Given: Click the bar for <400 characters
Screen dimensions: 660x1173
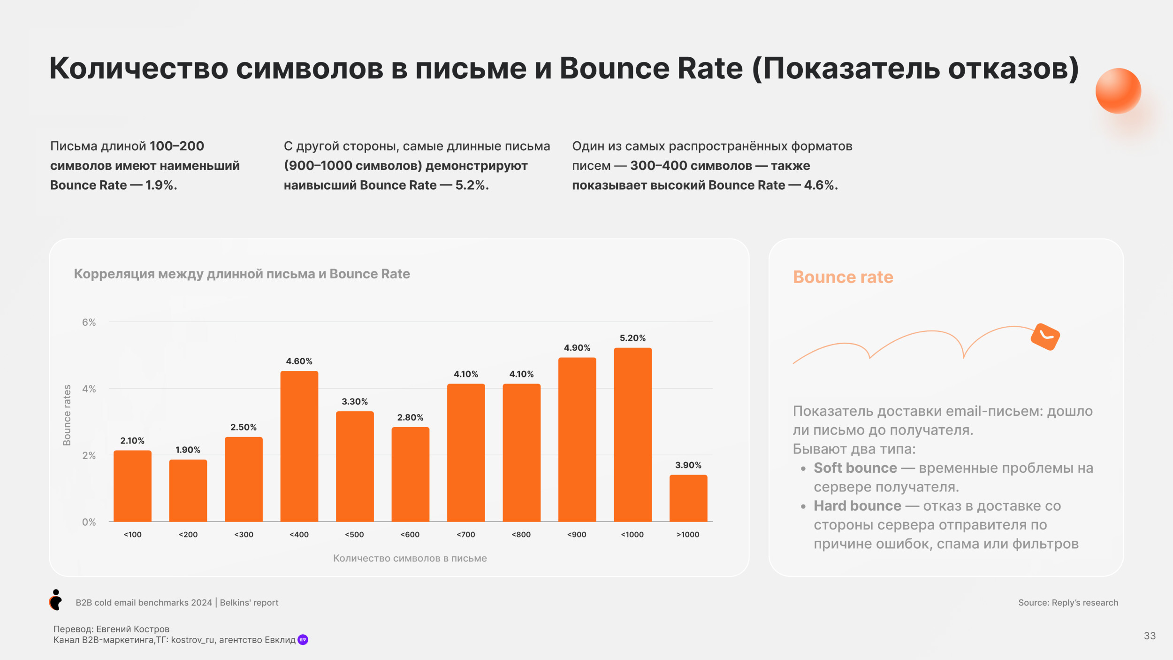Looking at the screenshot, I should point(299,446).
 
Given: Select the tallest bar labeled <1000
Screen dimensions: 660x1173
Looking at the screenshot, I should point(632,434).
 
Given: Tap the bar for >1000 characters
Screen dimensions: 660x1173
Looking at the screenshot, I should point(688,498).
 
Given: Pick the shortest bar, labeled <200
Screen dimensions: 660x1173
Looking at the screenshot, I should point(188,491).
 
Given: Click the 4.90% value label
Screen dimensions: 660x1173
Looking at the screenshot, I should point(577,348).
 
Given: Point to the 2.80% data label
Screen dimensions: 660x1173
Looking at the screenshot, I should point(410,417).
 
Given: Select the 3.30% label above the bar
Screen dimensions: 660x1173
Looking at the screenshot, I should point(354,401).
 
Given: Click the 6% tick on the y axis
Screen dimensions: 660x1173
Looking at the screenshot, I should point(89,322).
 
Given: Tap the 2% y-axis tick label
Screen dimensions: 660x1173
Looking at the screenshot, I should point(89,455).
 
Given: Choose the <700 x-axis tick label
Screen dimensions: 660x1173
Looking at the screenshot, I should point(465,535).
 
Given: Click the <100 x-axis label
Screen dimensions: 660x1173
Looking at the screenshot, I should point(132,535).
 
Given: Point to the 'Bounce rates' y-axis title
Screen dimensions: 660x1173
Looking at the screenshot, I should point(67,415).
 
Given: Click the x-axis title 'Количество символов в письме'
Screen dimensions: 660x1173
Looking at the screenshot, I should point(410,558).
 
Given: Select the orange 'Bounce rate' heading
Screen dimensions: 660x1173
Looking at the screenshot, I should point(843,277).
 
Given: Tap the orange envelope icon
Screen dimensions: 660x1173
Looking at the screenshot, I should point(1045,337).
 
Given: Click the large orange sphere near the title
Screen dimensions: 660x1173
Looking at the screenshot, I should point(1118,91).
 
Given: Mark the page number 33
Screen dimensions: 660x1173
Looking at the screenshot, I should point(1150,636).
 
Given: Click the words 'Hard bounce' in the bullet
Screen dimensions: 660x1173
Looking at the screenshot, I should point(857,506).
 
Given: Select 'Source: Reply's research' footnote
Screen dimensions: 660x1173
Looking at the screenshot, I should point(1068,603).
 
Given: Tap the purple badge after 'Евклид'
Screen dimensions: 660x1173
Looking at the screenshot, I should point(303,640).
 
